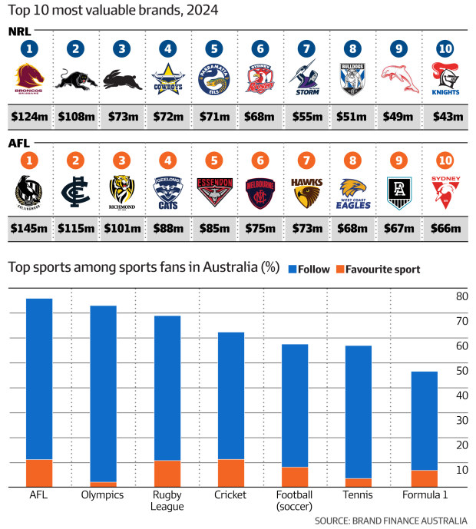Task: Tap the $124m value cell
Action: (31, 117)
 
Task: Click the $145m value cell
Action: (31, 228)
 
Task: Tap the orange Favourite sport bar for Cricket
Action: (230, 473)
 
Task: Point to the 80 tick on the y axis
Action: (462, 296)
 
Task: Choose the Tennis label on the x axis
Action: (359, 495)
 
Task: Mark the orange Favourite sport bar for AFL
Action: (38, 473)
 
